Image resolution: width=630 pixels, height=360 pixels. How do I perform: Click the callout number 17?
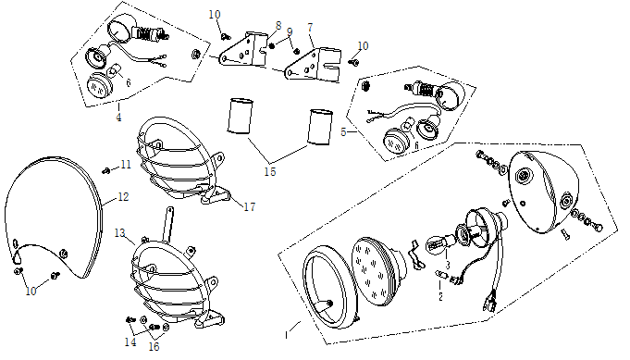click(x=249, y=206)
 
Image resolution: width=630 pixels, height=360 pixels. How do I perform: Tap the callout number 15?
click(x=270, y=171)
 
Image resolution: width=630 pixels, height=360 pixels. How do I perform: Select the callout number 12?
click(x=123, y=197)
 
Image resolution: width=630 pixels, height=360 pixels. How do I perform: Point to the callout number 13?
click(x=119, y=233)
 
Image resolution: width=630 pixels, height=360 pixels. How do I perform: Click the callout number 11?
click(x=126, y=165)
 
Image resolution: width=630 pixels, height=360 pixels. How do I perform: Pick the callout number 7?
click(x=310, y=28)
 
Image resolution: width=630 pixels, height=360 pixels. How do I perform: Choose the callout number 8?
click(x=278, y=26)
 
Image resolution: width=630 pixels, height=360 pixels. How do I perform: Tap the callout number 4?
click(x=118, y=118)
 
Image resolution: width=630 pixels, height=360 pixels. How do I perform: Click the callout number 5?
click(x=343, y=131)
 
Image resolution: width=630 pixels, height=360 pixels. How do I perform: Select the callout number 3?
click(x=447, y=266)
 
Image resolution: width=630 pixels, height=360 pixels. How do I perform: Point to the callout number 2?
click(x=440, y=296)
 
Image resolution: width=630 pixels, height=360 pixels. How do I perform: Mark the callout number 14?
click(x=130, y=341)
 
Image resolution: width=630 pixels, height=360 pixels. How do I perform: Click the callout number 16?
click(x=154, y=346)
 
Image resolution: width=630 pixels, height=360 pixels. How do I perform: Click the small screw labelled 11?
click(x=106, y=171)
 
